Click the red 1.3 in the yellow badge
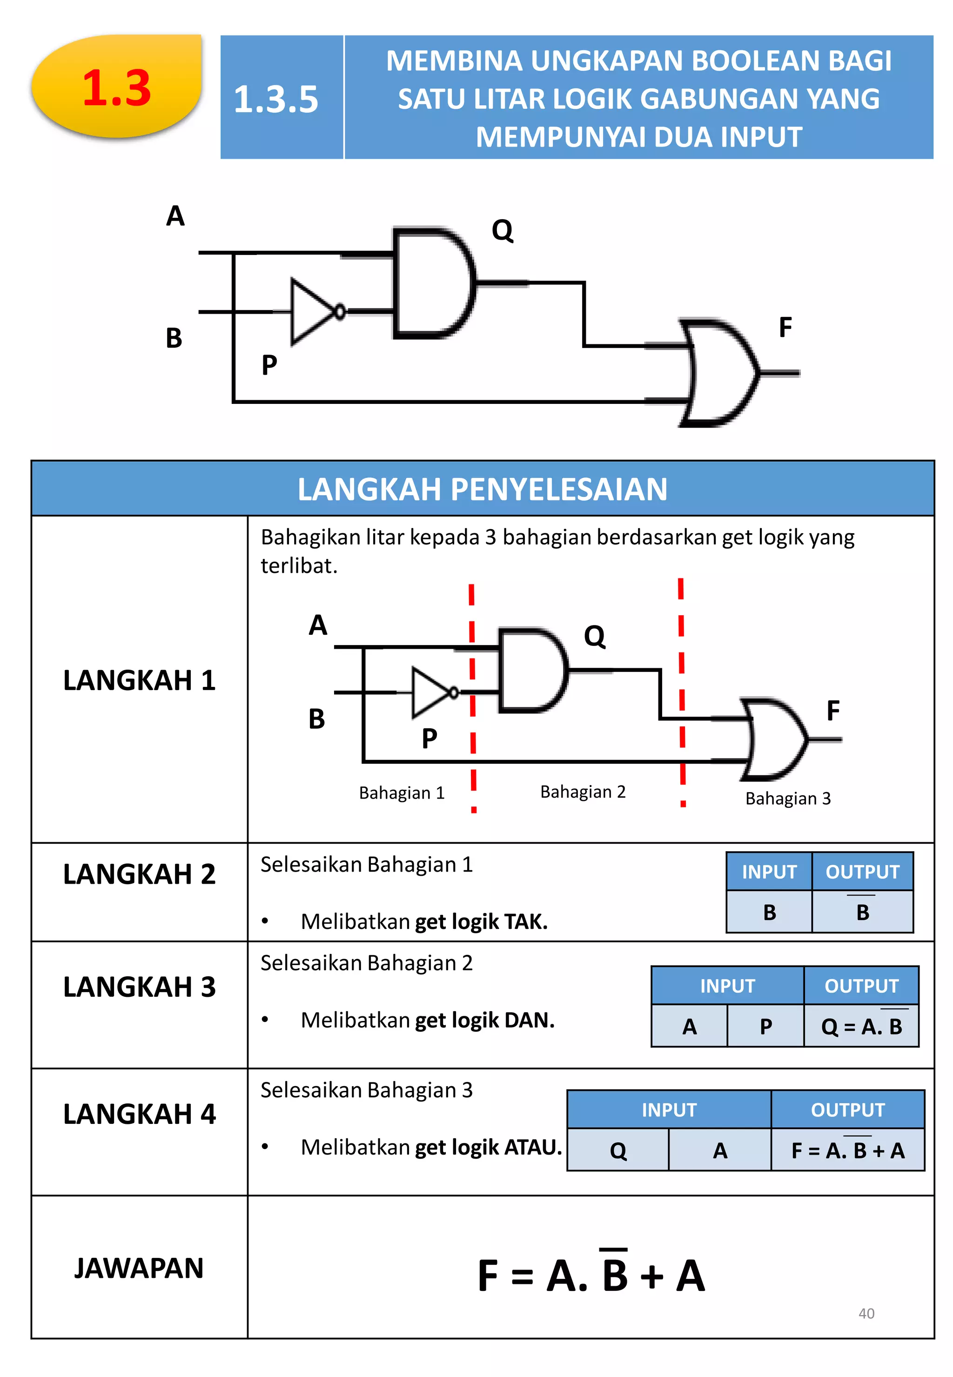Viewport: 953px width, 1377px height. pos(116,88)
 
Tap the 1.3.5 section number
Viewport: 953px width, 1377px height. pos(276,99)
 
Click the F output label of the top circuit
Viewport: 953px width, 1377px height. pos(785,327)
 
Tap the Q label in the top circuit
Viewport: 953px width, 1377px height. pos(502,230)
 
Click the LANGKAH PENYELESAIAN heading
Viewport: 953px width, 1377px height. pos(482,489)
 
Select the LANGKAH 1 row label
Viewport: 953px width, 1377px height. pos(139,680)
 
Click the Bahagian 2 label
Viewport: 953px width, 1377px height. pos(583,792)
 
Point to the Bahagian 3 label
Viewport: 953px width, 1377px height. pos(788,799)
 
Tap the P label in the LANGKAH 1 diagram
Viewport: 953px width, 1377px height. pos(430,739)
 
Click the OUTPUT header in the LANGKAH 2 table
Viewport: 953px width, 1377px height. pos(862,872)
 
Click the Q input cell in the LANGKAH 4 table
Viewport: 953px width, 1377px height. pos(618,1150)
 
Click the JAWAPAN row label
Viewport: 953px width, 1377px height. pos(139,1268)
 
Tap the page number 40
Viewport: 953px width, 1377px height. pos(866,1313)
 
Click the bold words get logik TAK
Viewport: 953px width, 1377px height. pos(481,921)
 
